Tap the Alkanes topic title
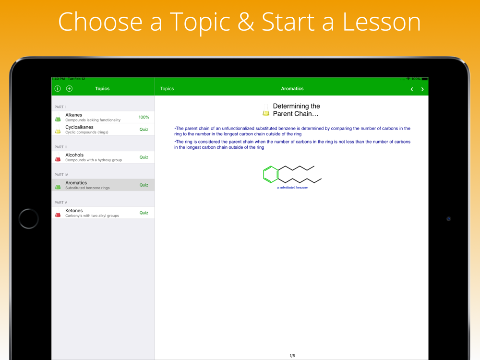click(x=73, y=115)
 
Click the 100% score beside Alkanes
click(x=144, y=117)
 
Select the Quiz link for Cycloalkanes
click(x=144, y=130)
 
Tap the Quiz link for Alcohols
click(x=144, y=157)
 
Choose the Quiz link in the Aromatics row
click(x=144, y=185)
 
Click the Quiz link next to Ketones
click(x=144, y=213)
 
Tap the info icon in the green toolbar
click(x=58, y=88)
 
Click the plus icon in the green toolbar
click(x=70, y=88)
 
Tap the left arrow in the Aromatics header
click(x=412, y=89)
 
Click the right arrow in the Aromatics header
click(x=422, y=89)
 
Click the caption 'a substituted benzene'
click(x=292, y=187)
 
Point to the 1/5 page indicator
click(x=292, y=356)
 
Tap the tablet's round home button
click(x=28, y=218)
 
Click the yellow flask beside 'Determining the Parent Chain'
click(x=266, y=110)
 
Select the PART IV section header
click(x=61, y=175)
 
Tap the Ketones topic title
click(x=74, y=211)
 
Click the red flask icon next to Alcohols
click(x=58, y=157)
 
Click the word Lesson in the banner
click(x=382, y=22)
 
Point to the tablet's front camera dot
click(x=449, y=218)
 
